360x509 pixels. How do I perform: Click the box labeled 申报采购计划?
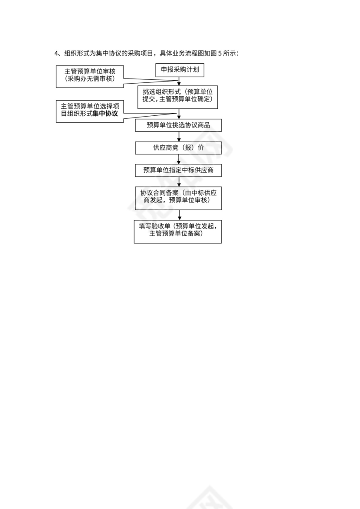(180, 70)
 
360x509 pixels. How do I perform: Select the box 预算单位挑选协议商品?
(178, 125)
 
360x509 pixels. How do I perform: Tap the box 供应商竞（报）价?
(178, 148)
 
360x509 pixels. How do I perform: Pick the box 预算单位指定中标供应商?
(178, 170)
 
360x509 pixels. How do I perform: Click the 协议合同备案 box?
(178, 197)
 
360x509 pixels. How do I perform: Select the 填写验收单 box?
(178, 231)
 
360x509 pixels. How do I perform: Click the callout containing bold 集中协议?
(90, 111)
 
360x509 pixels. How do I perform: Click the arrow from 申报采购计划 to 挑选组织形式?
(179, 81)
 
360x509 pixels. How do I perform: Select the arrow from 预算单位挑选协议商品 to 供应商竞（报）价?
(179, 137)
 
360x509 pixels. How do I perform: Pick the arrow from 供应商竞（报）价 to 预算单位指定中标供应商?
(179, 159)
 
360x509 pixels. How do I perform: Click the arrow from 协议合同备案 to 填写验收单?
(179, 214)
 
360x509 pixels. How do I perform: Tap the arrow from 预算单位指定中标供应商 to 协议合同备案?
(179, 181)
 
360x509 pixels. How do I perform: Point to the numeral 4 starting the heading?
(56, 53)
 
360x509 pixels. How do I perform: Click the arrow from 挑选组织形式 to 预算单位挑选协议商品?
(179, 114)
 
